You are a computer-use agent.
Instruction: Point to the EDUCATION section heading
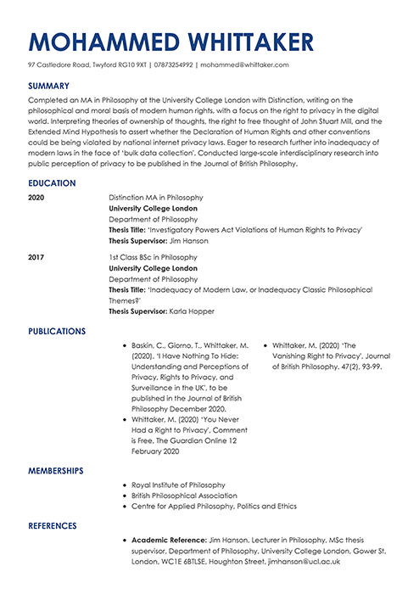click(52, 183)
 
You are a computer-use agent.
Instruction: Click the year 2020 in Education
click(36, 197)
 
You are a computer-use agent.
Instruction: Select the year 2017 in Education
click(36, 255)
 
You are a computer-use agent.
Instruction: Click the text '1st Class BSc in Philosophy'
click(153, 255)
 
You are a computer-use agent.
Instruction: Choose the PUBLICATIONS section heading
click(57, 331)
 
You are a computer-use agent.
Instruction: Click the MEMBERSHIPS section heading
click(55, 470)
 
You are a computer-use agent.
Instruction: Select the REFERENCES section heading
click(53, 526)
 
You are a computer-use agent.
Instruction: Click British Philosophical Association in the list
click(184, 495)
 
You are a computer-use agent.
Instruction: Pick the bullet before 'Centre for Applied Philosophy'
click(125, 506)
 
